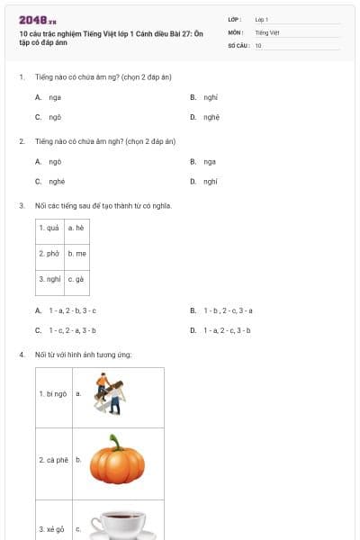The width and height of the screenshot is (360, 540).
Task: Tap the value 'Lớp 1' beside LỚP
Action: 262,19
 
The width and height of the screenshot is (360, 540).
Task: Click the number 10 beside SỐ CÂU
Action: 258,44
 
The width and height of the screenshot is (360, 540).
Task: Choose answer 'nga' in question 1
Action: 55,96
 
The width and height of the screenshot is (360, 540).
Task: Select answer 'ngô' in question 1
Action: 55,117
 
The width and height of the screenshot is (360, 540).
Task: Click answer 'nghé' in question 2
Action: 57,181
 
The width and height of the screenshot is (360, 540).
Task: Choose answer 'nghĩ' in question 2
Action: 211,181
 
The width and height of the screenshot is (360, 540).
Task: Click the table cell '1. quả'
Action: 49,229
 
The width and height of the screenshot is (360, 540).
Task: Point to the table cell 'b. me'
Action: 76,254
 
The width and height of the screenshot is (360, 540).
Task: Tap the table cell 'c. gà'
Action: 76,279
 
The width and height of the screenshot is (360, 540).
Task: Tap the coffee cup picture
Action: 118,524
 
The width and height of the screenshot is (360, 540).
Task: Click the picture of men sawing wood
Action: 112,394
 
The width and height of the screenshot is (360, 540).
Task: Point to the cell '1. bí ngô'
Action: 54,394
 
